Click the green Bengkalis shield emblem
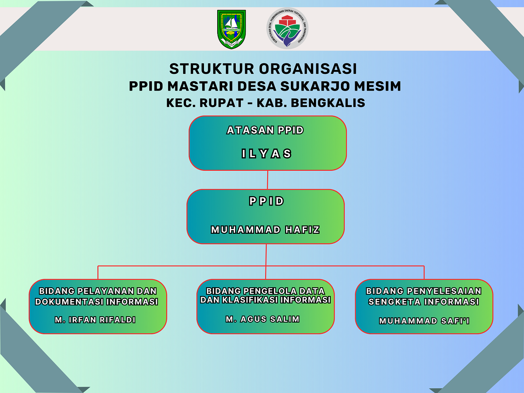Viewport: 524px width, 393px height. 231,29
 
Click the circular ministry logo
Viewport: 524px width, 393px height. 287,29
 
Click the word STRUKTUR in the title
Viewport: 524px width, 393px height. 212,69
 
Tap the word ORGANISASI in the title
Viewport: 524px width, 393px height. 308,69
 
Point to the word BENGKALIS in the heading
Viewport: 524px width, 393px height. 328,103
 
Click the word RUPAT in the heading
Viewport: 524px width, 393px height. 222,103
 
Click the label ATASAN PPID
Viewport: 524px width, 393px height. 265,130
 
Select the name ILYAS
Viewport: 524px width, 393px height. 266,154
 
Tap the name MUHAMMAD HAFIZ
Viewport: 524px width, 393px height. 265,230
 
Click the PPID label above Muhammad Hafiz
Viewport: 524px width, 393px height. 266,201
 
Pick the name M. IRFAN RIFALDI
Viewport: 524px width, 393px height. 95,320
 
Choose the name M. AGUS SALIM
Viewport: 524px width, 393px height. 263,319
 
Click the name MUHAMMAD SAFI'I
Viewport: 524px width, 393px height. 424,321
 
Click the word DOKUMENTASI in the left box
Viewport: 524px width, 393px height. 69,302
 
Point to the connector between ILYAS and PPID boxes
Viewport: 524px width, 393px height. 267,180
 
